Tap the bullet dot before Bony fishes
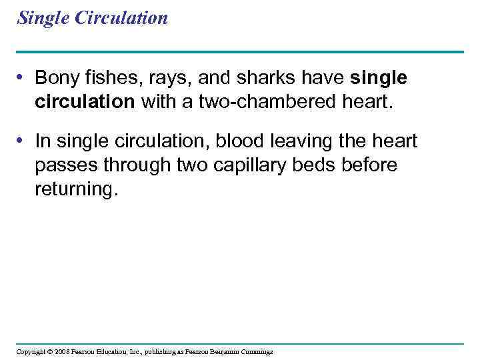(x=22, y=79)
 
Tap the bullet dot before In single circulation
(x=22, y=141)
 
